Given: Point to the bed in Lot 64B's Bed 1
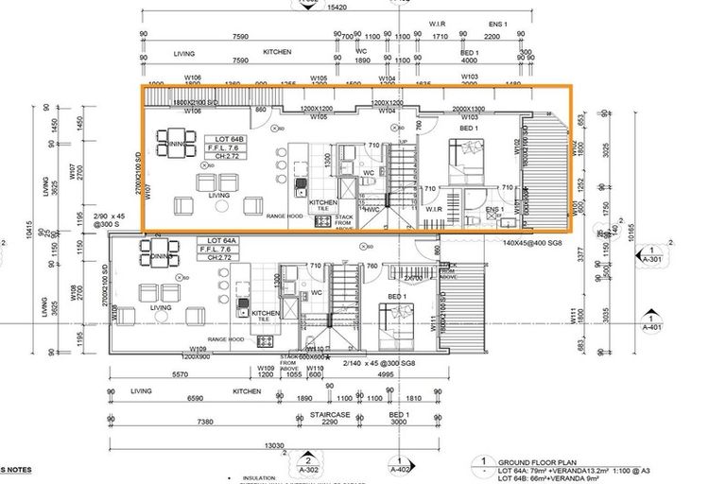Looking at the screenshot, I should (467, 154).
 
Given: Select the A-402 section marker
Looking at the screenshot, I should (401, 464).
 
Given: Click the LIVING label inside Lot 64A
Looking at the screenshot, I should (160, 308).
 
